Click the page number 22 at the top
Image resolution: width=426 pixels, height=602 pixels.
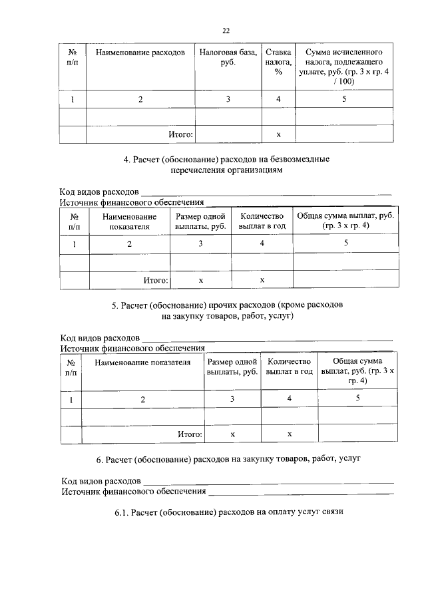(x=226, y=30)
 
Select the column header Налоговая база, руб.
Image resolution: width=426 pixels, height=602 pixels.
(x=226, y=57)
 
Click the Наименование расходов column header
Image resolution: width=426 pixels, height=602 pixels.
(x=140, y=52)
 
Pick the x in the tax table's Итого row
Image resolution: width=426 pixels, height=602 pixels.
(x=278, y=135)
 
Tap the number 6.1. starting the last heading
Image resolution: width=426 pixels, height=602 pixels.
(x=121, y=514)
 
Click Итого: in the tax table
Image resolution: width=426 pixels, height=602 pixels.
(x=180, y=135)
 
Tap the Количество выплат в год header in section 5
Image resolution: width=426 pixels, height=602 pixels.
(x=290, y=367)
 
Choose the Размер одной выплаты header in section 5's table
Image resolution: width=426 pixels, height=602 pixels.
(x=232, y=367)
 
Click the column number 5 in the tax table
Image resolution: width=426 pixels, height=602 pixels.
(x=344, y=99)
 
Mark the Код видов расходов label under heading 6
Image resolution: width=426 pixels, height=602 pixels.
(x=101, y=481)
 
